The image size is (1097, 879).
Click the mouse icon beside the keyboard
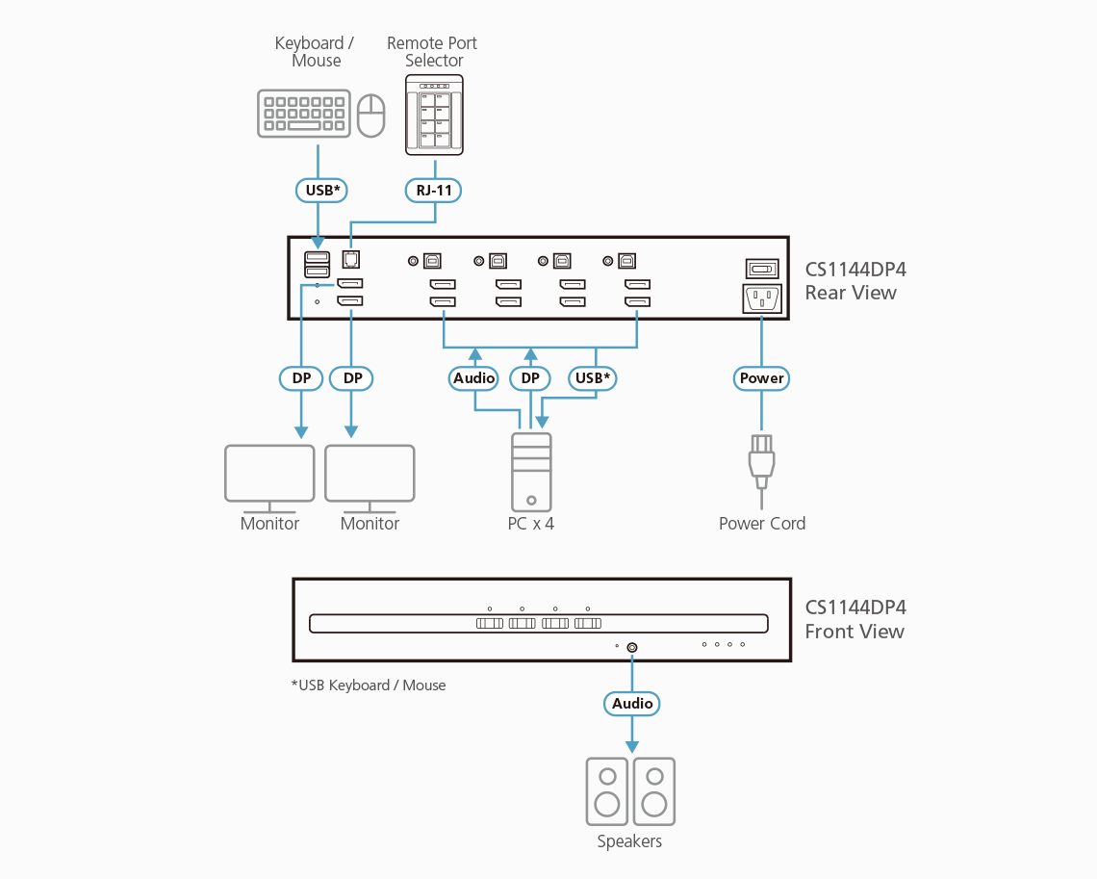tap(370, 115)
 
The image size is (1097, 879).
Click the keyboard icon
tap(302, 114)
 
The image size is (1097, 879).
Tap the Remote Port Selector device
tap(434, 115)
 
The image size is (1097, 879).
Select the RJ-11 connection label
tap(434, 190)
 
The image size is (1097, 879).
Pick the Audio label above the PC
tap(473, 378)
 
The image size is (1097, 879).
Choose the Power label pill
tap(762, 378)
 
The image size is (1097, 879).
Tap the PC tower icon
tap(532, 471)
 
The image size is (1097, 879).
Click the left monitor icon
tap(269, 474)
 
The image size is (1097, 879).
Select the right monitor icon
tap(370, 474)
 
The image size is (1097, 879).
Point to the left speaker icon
tap(607, 791)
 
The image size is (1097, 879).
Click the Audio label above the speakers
tap(632, 704)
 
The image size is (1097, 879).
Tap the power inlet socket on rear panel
tap(762, 299)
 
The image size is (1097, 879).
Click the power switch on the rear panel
tap(762, 269)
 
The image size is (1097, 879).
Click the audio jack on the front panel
tap(632, 647)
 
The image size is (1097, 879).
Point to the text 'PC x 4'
tap(531, 524)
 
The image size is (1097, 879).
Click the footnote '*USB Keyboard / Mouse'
tap(369, 685)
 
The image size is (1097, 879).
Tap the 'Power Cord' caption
tap(762, 524)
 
